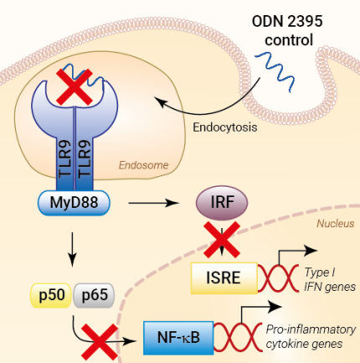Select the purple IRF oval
tap(220, 202)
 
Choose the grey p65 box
tap(91, 294)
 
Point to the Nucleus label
tap(334, 224)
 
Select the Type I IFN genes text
tap(327, 279)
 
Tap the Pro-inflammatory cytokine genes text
tap(313, 336)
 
